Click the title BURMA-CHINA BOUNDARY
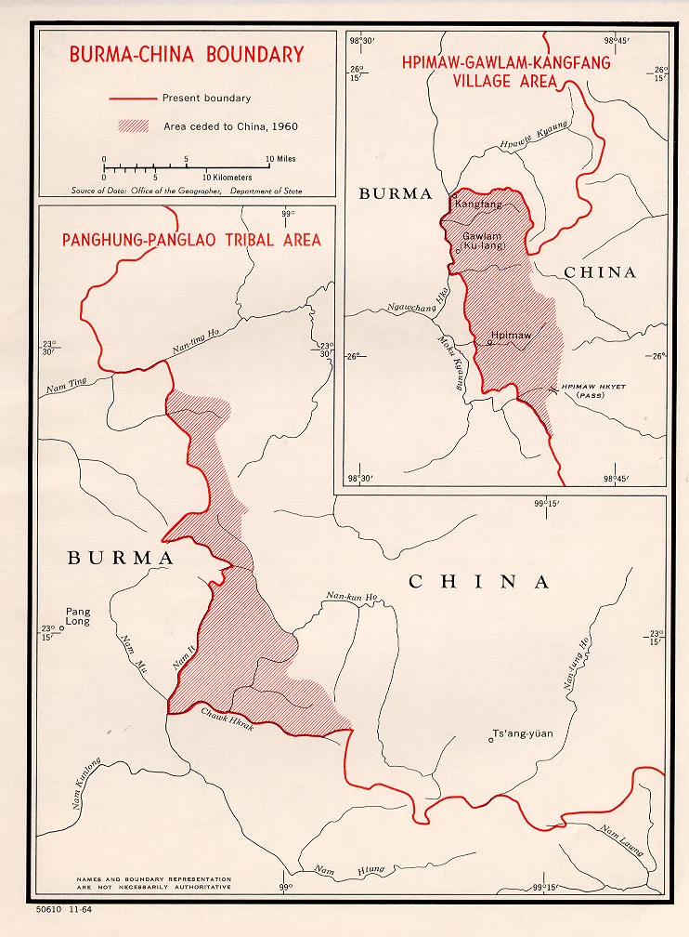[x=187, y=55]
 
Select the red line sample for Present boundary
[x=133, y=99]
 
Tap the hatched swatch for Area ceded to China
[x=133, y=126]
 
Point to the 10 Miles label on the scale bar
[x=280, y=159]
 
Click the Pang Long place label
[x=78, y=617]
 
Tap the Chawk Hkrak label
[x=227, y=719]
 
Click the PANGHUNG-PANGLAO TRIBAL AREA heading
[x=191, y=241]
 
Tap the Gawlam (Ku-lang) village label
[x=482, y=242]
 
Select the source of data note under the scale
[x=186, y=191]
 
